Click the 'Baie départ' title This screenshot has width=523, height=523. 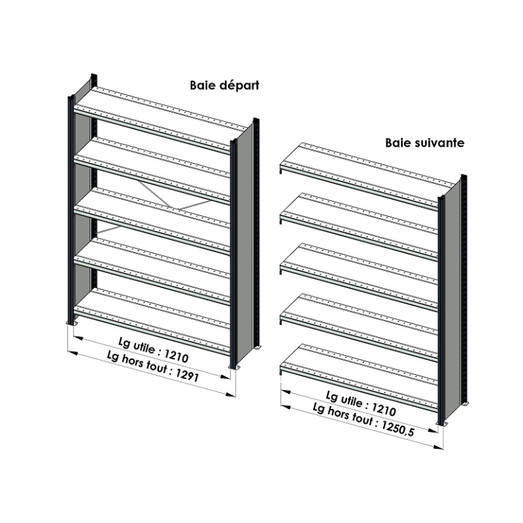click(x=224, y=86)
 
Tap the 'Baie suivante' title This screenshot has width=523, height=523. click(x=425, y=143)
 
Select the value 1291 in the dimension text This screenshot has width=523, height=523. click(x=187, y=376)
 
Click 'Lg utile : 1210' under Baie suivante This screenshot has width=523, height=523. click(x=361, y=403)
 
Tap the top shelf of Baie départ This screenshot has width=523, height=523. click(x=160, y=120)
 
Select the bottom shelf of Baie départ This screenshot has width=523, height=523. click(x=152, y=321)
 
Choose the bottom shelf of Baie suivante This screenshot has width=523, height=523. click(x=359, y=378)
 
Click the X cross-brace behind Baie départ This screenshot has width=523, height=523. click(x=154, y=206)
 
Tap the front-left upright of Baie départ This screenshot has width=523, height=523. click(x=71, y=209)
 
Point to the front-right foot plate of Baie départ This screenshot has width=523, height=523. click(x=234, y=367)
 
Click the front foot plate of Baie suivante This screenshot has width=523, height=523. click(x=443, y=424)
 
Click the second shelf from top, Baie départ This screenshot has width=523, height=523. click(x=152, y=170)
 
